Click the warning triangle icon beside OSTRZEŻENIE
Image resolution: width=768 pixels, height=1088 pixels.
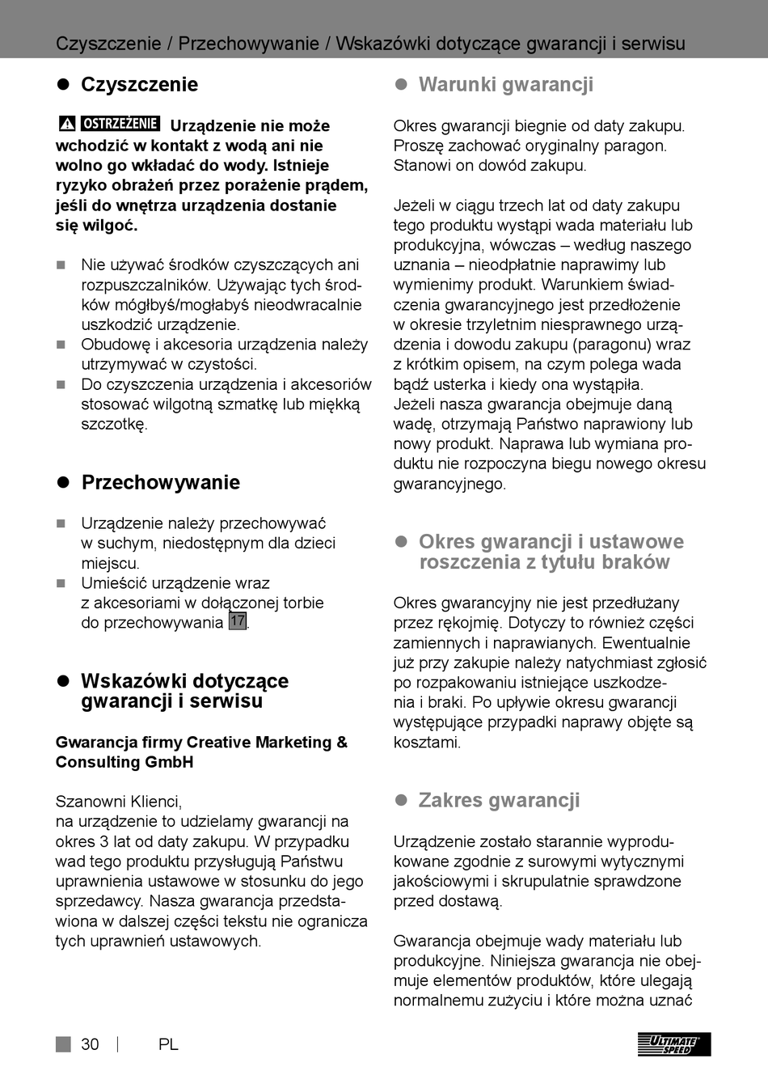[67, 124]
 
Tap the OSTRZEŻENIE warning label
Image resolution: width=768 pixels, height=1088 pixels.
[120, 124]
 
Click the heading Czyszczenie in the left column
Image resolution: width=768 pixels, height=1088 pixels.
[139, 84]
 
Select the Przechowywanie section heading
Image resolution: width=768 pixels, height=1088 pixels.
[160, 482]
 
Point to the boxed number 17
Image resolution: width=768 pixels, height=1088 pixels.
[237, 621]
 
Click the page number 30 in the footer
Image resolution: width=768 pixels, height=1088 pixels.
[90, 1044]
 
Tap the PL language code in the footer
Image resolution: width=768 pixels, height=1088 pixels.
[168, 1044]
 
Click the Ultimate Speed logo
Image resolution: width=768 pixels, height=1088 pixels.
[673, 1044]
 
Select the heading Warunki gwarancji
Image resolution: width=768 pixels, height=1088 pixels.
[505, 84]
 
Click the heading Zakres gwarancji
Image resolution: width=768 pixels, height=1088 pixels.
[499, 800]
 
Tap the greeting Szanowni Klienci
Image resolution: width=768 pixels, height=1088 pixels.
[118, 802]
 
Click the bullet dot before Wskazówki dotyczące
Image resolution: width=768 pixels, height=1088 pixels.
[62, 681]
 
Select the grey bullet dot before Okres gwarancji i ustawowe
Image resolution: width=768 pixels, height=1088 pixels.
[400, 542]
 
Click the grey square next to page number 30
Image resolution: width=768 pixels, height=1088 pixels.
[63, 1044]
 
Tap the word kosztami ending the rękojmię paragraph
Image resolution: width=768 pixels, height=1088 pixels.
[426, 743]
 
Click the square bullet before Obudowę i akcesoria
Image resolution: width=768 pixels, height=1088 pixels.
[61, 345]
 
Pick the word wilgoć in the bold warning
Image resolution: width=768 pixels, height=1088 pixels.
[109, 226]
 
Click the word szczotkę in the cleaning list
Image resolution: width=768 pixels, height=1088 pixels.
[114, 424]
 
